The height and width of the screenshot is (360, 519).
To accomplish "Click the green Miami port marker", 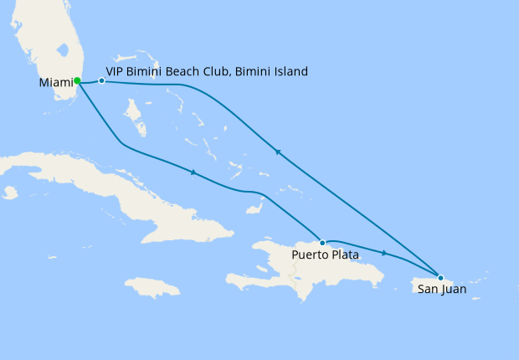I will (77, 81).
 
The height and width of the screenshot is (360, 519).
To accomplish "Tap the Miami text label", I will (55, 83).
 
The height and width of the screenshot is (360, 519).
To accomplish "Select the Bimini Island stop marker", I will (101, 81).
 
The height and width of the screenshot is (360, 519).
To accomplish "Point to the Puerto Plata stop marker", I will (322, 243).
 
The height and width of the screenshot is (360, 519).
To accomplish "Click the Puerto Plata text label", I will (326, 255).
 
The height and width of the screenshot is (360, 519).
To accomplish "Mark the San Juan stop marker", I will (440, 277).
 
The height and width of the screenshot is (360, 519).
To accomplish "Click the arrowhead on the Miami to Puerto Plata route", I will (193, 172).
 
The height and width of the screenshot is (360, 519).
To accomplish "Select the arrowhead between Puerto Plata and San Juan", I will (384, 252).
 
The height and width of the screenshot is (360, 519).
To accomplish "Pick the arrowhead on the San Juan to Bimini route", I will (277, 152).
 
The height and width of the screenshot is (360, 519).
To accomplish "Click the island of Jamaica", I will (153, 287).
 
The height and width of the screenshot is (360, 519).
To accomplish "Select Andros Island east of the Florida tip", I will (134, 117).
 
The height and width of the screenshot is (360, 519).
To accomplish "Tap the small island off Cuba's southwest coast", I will (9, 193).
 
